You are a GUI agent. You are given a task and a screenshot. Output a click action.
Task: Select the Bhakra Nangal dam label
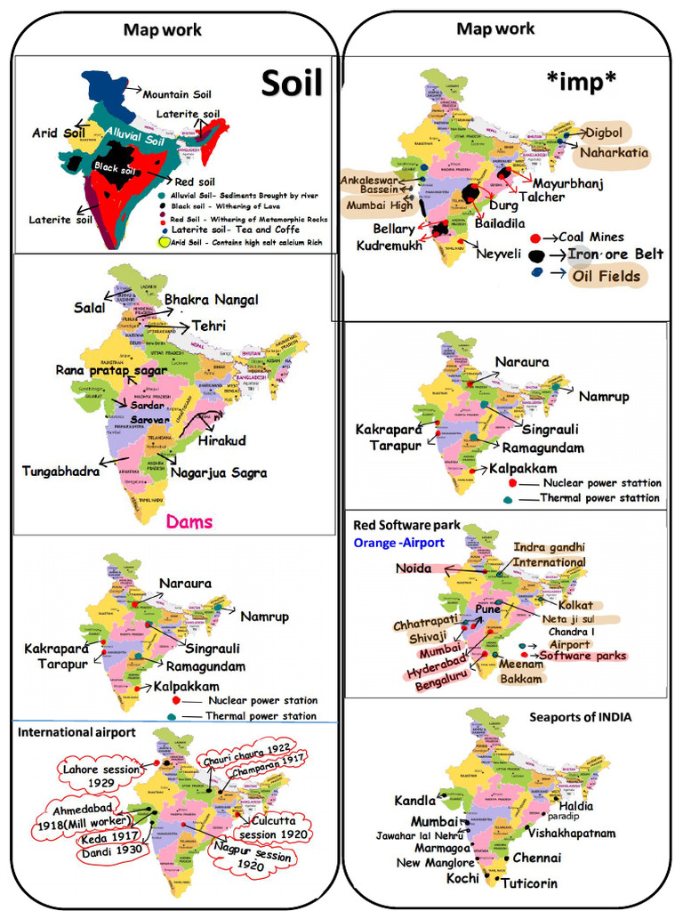tap(211, 300)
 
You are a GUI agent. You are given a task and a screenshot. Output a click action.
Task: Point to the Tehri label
tap(209, 327)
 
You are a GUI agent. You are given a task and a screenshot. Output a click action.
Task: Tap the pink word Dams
tap(189, 521)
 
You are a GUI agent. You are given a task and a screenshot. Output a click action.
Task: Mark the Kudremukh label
tap(390, 246)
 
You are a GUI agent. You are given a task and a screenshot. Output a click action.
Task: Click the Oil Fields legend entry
tap(606, 276)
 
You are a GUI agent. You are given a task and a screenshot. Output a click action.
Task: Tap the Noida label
tap(414, 568)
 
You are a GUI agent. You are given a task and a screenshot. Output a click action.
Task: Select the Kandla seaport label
tap(415, 802)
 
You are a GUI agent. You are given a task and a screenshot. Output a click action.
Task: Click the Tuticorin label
tap(529, 883)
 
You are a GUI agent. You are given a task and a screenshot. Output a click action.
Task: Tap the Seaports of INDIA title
tap(580, 717)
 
